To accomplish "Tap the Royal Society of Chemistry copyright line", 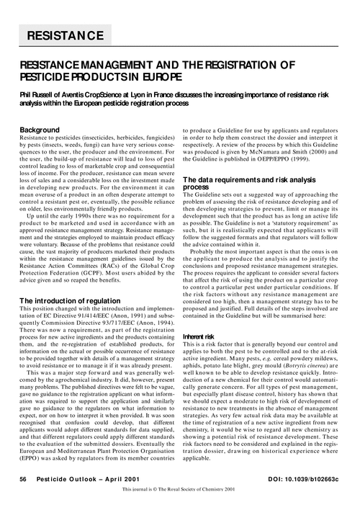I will coord(180,493).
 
